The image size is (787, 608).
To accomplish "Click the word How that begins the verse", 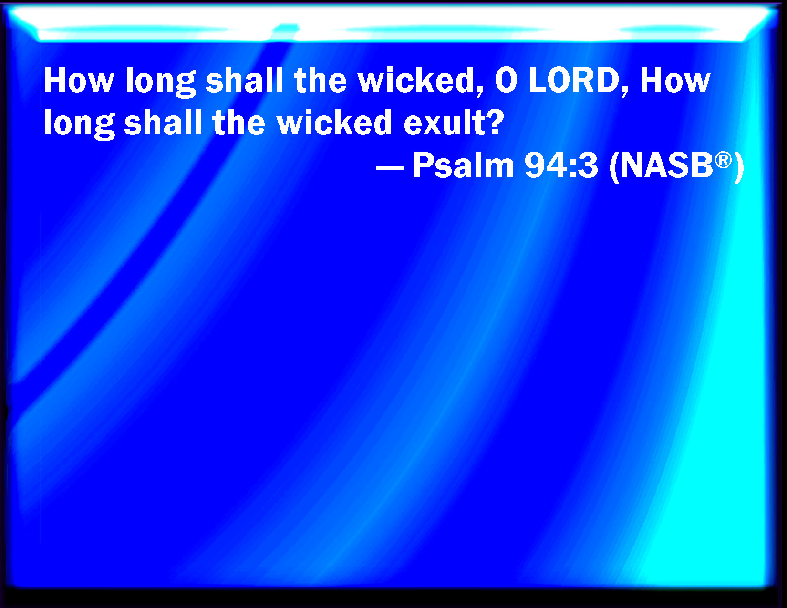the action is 79,81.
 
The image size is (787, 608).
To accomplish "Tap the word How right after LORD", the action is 675,81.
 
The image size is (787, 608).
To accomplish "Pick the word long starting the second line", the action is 79,124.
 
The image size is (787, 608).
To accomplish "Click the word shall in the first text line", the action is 244,80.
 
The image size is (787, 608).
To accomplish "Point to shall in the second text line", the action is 163,123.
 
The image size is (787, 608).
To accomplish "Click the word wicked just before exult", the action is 335,123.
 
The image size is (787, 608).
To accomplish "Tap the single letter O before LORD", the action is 506,81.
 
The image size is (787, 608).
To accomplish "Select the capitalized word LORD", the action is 574,81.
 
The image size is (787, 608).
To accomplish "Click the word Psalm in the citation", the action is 464,165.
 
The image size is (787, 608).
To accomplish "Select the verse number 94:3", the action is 561,166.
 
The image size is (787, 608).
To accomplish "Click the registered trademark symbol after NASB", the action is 723,160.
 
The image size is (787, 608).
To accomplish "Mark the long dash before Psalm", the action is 390,167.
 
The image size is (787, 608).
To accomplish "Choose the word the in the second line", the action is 239,123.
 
